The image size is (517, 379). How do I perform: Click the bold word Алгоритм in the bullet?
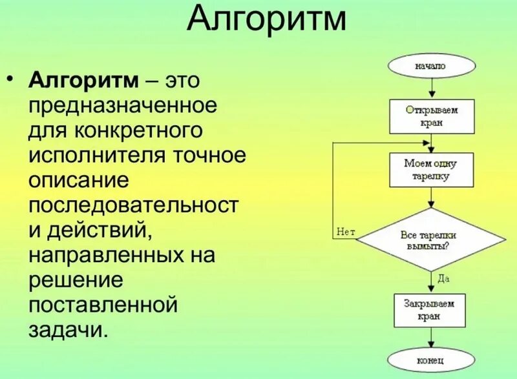pyautogui.click(x=83, y=82)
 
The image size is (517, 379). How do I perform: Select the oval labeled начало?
pyautogui.click(x=431, y=65)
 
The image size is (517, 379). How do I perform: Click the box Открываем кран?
pyautogui.click(x=431, y=116)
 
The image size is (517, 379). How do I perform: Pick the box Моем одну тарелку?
pyautogui.click(x=431, y=169)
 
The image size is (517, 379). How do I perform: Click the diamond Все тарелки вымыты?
pyautogui.click(x=431, y=240)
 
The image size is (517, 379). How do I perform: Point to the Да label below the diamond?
pyautogui.click(x=443, y=278)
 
